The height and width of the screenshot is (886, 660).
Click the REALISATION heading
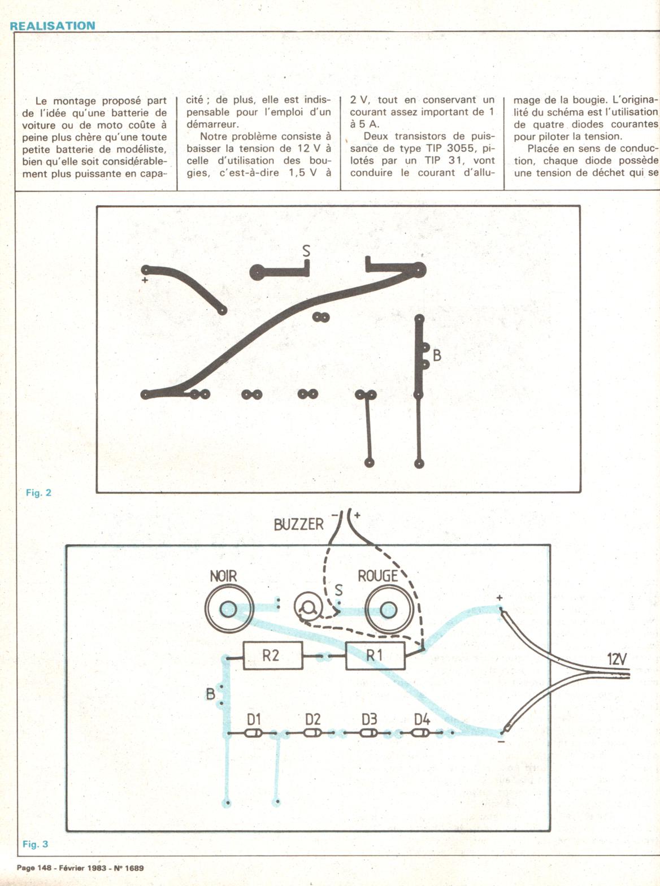pyautogui.click(x=53, y=25)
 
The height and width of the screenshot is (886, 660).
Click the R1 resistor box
pyautogui.click(x=375, y=655)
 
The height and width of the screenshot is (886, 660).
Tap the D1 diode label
pyautogui.click(x=254, y=719)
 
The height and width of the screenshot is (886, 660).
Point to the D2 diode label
pyautogui.click(x=312, y=719)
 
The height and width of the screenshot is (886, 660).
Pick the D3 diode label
pyautogui.click(x=369, y=719)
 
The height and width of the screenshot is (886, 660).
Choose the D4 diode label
pyautogui.click(x=422, y=719)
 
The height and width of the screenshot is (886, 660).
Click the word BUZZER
pyautogui.click(x=298, y=524)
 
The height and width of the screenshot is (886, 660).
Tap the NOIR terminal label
pyautogui.click(x=223, y=576)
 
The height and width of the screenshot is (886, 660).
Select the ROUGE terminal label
pyautogui.click(x=377, y=576)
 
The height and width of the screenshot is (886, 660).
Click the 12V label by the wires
pyautogui.click(x=616, y=659)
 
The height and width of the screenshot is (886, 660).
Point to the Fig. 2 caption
pyautogui.click(x=38, y=493)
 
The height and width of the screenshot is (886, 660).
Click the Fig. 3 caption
pyautogui.click(x=35, y=844)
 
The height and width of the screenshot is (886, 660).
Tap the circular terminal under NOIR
pyautogui.click(x=228, y=609)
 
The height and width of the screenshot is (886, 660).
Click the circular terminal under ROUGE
pyautogui.click(x=388, y=609)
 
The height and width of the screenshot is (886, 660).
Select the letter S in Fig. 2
pyautogui.click(x=306, y=251)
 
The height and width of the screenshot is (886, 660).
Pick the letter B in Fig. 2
pyautogui.click(x=437, y=356)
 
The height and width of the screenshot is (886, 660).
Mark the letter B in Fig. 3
pyautogui.click(x=210, y=693)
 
